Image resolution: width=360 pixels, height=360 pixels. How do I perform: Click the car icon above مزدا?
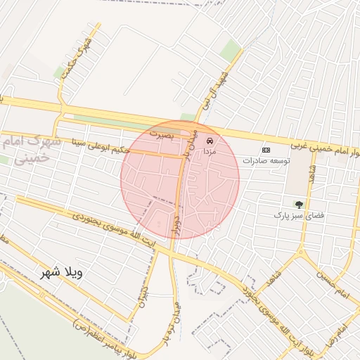(210, 141)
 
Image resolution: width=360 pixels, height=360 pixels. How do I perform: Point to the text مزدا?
(210, 152)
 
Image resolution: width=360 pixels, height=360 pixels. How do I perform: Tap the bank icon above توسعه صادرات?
(266, 150)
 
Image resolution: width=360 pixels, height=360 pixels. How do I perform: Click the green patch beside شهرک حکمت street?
(59, 72)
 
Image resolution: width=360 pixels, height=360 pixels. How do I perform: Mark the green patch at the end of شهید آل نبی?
(229, 49)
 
